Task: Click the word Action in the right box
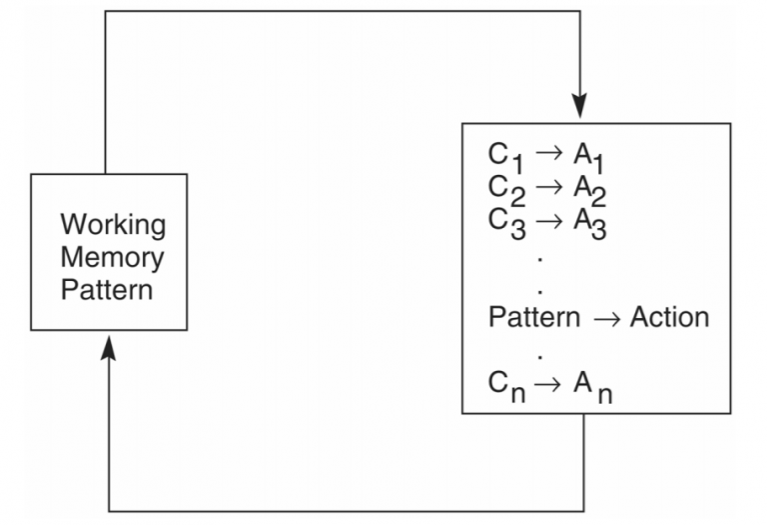669,318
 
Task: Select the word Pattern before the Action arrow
533,318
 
